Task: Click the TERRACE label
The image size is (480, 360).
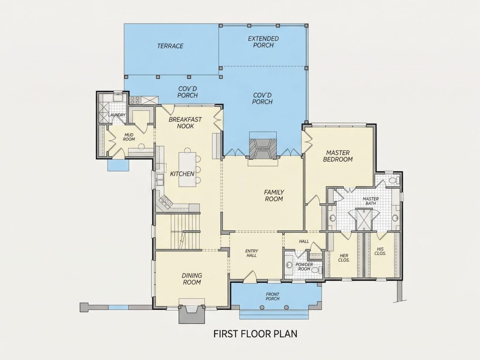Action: (170, 46)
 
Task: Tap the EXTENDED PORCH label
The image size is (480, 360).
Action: (263, 42)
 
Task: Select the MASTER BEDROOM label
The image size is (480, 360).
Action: (338, 156)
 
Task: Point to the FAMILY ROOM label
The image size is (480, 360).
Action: (274, 195)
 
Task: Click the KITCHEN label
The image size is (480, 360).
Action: (182, 174)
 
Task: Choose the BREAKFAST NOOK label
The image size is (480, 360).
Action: (185, 123)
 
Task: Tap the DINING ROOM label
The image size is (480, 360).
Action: (192, 279)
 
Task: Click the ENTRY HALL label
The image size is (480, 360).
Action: (251, 253)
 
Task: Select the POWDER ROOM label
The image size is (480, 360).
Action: (304, 267)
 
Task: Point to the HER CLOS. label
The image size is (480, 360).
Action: (344, 258)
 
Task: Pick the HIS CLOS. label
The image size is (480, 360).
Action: (380, 251)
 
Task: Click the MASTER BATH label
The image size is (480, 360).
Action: (371, 201)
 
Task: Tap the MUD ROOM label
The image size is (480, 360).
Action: (129, 137)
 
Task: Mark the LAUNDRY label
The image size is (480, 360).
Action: (117, 115)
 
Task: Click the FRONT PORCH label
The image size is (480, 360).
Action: (272, 296)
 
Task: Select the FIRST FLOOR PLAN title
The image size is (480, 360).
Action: (255, 333)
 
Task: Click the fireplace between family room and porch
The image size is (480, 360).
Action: (262, 148)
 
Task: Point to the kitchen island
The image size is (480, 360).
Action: (187, 168)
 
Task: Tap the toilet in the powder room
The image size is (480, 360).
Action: (320, 270)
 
